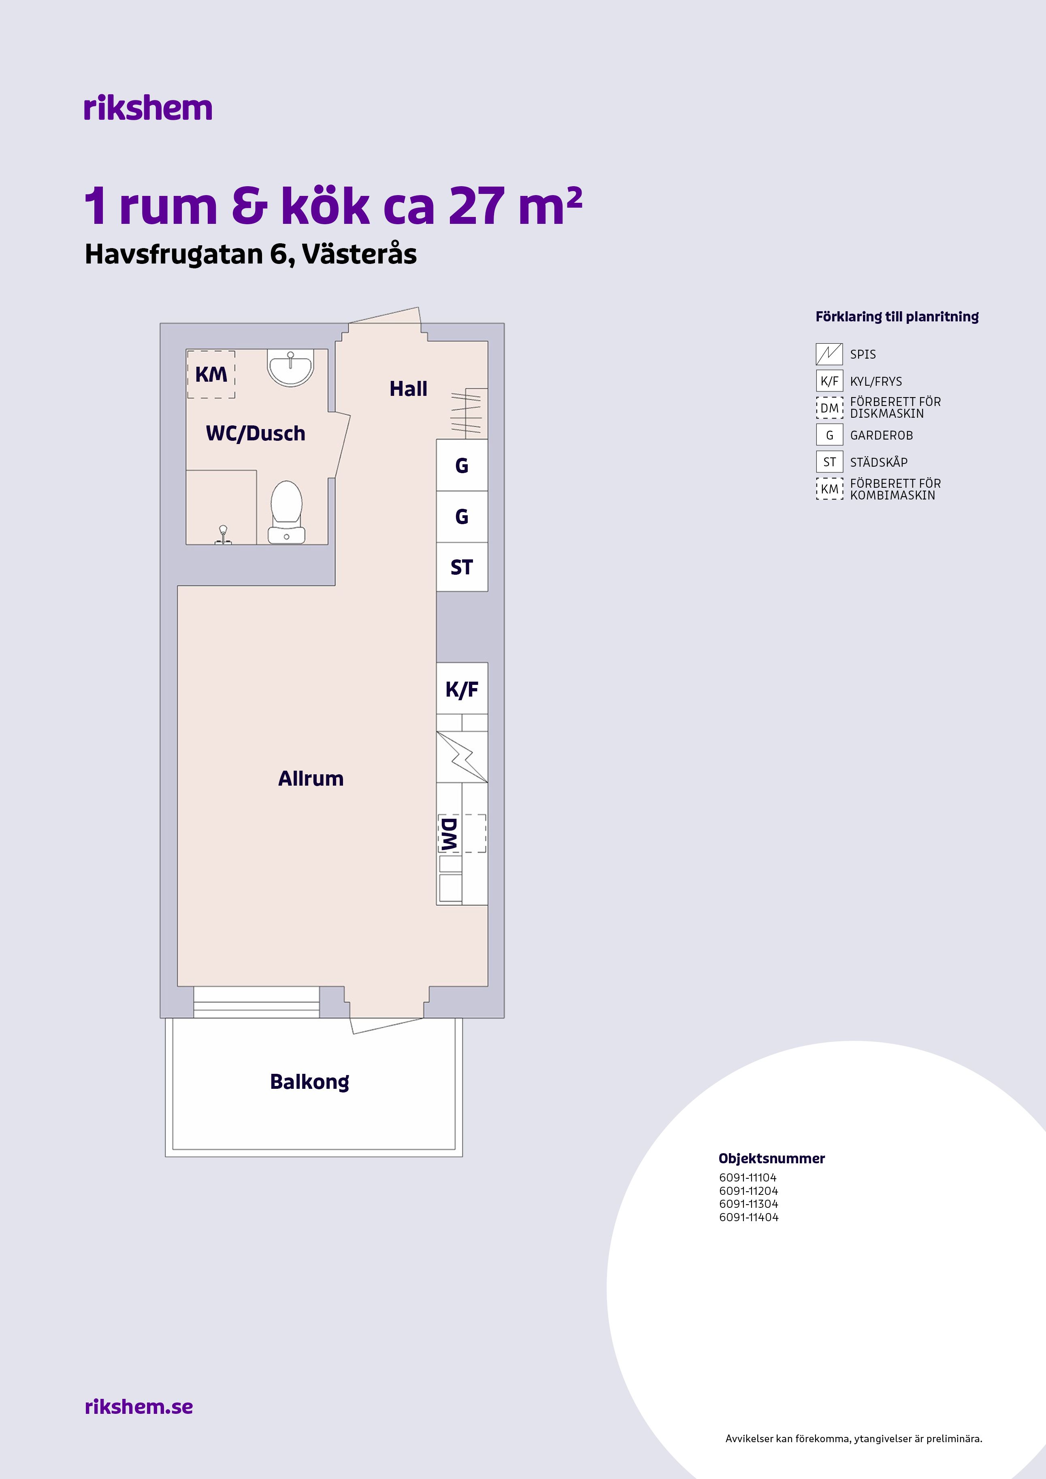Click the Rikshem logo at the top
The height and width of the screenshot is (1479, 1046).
(x=147, y=108)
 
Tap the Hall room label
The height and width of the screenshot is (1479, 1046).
(x=408, y=389)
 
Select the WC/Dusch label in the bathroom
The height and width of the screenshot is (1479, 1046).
(x=255, y=433)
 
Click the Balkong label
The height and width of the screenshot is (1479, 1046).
(x=309, y=1082)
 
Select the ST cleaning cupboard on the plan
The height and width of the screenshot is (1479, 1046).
(x=462, y=567)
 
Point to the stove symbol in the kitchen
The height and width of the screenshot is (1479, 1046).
(x=462, y=757)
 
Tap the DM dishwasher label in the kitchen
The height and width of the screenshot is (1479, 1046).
(x=449, y=833)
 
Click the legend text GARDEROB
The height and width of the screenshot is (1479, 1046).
(x=881, y=436)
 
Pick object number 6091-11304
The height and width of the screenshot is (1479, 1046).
(x=748, y=1204)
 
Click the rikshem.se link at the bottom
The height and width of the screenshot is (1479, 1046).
(x=138, y=1406)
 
